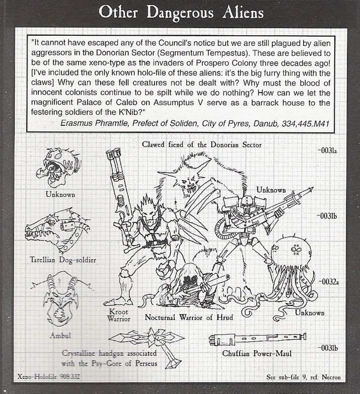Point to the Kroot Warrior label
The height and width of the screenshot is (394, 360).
click(x=119, y=315)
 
